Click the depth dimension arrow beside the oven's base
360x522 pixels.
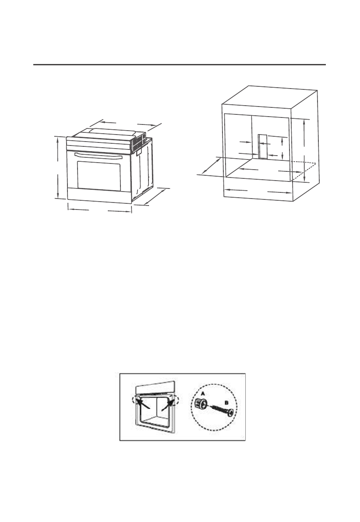point(155,196)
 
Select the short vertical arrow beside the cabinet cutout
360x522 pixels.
point(283,147)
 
